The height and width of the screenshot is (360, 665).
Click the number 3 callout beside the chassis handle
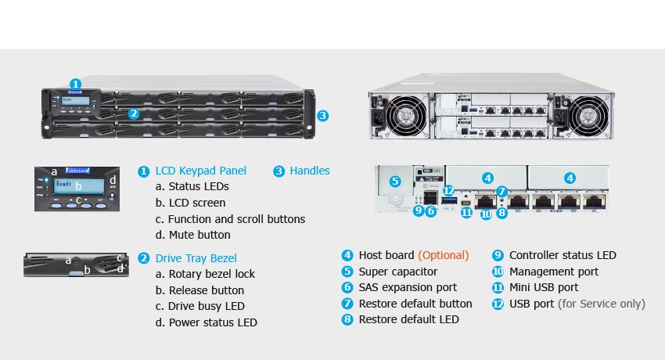pyautogui.click(x=322, y=115)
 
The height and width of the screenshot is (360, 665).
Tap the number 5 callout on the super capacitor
pyautogui.click(x=394, y=181)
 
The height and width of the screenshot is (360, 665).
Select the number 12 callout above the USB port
pyautogui.click(x=448, y=190)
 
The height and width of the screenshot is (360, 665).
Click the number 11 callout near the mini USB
pyautogui.click(x=466, y=211)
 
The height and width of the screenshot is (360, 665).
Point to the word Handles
pyautogui.click(x=310, y=171)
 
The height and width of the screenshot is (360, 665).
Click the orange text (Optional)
pyautogui.click(x=443, y=255)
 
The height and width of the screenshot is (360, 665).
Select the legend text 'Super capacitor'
pyautogui.click(x=397, y=272)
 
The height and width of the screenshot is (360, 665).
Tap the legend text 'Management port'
pyautogui.click(x=553, y=272)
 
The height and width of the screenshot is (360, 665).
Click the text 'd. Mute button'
pyautogui.click(x=193, y=235)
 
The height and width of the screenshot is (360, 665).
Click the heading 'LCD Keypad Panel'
pyautogui.click(x=201, y=171)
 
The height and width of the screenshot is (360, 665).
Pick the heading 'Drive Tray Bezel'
pyautogui.click(x=196, y=258)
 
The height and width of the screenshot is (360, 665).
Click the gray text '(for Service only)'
pyautogui.click(x=602, y=304)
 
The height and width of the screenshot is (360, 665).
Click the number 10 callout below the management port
pyautogui.click(x=486, y=214)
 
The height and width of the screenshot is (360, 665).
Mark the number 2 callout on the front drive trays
pyautogui.click(x=134, y=113)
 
